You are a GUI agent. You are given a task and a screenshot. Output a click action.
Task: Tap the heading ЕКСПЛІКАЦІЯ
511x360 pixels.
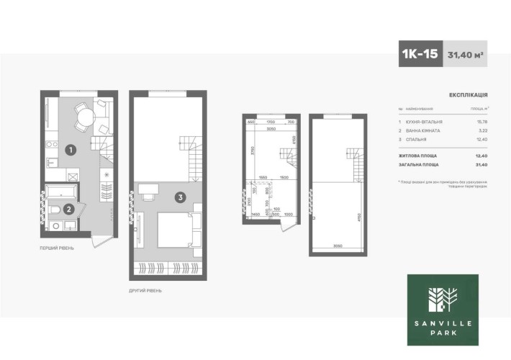(469, 94)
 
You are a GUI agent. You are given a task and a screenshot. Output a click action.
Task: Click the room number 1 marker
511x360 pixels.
(71, 150)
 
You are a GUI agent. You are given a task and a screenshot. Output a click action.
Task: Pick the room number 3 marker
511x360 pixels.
(180, 195)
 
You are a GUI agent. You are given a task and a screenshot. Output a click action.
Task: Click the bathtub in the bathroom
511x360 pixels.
(63, 192)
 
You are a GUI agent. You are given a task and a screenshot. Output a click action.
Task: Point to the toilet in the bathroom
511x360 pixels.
(55, 210)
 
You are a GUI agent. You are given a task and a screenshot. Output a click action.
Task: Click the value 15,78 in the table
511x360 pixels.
(481, 122)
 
